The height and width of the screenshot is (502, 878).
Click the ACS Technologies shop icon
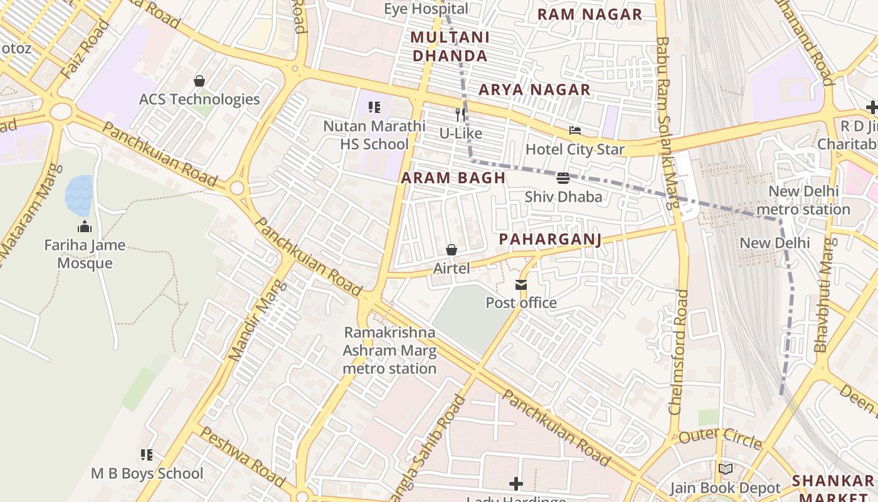[x=199, y=81]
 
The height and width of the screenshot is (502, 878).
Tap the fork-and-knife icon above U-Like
[x=460, y=114]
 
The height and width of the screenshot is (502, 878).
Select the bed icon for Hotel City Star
[x=575, y=131]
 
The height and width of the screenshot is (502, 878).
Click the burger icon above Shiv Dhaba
[x=563, y=178]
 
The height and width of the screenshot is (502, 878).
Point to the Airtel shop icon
[x=451, y=250]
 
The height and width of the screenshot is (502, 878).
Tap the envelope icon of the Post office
[x=521, y=285]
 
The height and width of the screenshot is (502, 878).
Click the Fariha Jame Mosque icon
[x=84, y=227]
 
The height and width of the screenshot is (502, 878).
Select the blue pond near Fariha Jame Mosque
[x=79, y=195]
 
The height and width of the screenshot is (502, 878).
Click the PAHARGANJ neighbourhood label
[x=550, y=239]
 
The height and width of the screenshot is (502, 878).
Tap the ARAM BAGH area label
[x=453, y=178]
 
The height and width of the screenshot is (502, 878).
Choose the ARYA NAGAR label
[x=534, y=90]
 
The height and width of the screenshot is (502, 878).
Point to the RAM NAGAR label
[x=590, y=14]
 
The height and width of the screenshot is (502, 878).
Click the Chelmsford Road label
[x=679, y=351]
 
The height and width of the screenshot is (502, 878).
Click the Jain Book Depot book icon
[x=726, y=469]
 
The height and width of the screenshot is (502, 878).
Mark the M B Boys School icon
[x=147, y=454]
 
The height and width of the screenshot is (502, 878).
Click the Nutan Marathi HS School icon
[x=374, y=107]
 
